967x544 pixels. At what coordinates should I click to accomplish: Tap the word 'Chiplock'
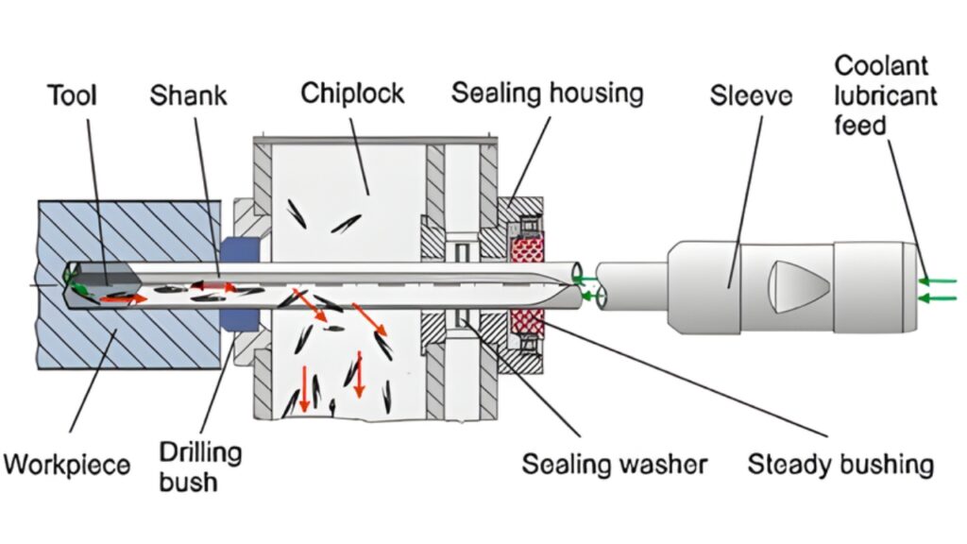click(x=352, y=93)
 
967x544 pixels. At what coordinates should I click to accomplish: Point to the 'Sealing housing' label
click(x=547, y=93)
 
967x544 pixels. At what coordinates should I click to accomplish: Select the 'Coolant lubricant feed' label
click(x=885, y=94)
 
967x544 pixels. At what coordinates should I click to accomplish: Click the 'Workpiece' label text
click(x=65, y=465)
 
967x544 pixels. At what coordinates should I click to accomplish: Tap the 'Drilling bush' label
click(x=199, y=466)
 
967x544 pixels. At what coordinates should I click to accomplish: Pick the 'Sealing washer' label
click(x=614, y=465)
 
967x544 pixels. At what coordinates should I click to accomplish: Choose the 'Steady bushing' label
click(x=840, y=465)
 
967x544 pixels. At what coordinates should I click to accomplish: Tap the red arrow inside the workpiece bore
click(x=132, y=298)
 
